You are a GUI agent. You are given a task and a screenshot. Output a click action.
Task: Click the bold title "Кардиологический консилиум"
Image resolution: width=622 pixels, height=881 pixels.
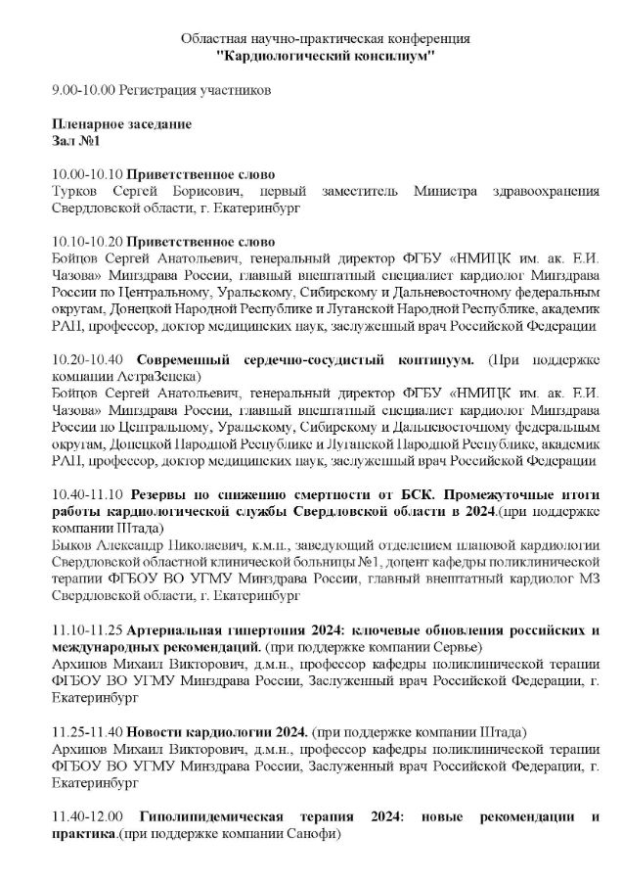coord(326,57)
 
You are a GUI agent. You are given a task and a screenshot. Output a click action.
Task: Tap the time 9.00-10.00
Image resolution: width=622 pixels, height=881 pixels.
coord(82,91)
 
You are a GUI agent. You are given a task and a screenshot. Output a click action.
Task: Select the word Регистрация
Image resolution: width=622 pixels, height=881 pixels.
coord(154,91)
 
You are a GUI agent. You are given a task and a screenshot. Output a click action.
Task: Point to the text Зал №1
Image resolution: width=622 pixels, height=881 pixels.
coord(75,141)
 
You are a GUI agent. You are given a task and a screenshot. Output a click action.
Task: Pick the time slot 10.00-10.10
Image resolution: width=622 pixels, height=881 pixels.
coord(87,173)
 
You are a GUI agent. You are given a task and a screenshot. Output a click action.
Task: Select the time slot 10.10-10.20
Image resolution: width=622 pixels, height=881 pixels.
coord(87,241)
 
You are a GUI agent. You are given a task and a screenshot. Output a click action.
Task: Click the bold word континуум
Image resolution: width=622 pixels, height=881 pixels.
coord(431,359)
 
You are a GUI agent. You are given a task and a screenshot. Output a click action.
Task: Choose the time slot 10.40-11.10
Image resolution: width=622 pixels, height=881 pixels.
coord(87,495)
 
